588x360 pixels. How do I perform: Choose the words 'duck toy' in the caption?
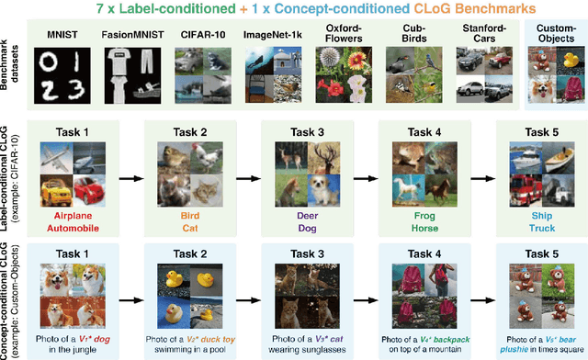coord(214,339)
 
